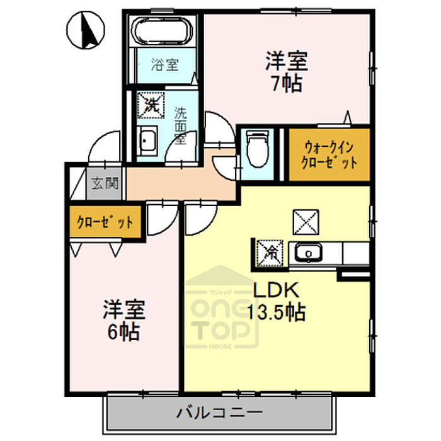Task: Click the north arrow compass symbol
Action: coord(86,30)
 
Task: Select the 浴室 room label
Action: coord(165,64)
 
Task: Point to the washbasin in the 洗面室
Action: coord(147,140)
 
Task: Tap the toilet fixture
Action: coord(257,148)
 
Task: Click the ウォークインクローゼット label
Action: coord(329,154)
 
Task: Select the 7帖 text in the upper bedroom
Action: coord(287,83)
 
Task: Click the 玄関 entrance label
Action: coord(105,183)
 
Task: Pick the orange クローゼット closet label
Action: coord(105,222)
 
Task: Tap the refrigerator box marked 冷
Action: coord(269,253)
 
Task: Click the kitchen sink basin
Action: coord(308,253)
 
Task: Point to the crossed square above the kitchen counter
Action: coord(306,222)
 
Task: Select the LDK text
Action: coord(276,290)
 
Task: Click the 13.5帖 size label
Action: coord(277,312)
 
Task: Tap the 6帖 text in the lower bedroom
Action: coord(123,332)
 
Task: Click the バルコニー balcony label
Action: coord(219,413)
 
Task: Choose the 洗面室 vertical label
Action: coord(180,126)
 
